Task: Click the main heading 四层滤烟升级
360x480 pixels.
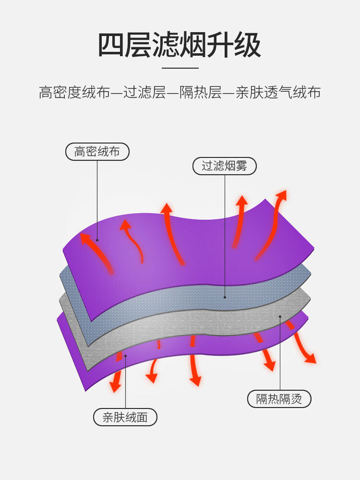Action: [180, 45]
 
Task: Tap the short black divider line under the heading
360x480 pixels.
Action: [180, 68]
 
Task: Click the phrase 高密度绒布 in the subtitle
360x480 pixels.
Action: [74, 92]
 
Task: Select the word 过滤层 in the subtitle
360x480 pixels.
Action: [144, 92]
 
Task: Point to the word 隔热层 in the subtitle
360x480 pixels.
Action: [201, 92]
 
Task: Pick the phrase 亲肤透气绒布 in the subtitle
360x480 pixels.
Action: [278, 92]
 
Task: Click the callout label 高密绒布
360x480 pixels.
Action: [97, 152]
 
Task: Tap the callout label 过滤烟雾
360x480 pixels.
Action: [224, 166]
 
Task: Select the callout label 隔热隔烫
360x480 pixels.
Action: [279, 398]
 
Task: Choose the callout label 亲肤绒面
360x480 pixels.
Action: [125, 417]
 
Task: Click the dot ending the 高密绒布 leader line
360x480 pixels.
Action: [97, 240]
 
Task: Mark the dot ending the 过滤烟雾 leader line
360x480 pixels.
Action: [225, 297]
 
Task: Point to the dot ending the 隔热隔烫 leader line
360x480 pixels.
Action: [280, 316]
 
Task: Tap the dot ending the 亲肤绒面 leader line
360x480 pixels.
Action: [125, 356]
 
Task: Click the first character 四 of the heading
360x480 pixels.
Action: [111, 45]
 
